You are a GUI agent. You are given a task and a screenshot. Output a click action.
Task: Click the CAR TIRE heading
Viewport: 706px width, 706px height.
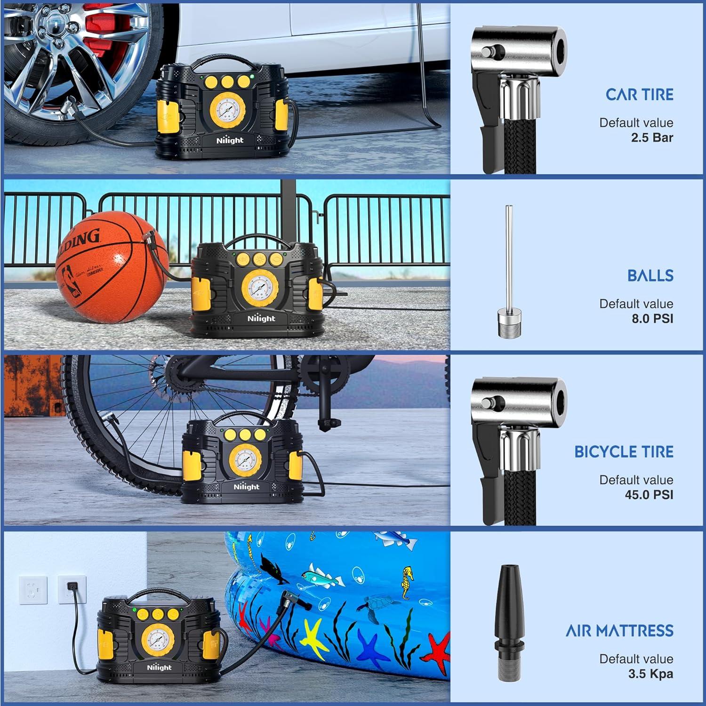tap(639, 95)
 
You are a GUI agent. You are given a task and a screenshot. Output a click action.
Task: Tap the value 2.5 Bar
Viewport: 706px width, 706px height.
tap(652, 137)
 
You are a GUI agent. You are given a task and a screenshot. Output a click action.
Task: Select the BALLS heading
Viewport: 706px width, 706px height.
tap(650, 275)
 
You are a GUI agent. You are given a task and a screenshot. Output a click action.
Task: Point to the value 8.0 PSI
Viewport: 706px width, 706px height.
tap(652, 319)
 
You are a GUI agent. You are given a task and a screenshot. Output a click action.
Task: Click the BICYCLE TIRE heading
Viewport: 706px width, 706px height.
tap(624, 452)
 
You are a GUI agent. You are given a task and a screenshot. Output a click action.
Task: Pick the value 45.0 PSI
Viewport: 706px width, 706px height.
tap(649, 495)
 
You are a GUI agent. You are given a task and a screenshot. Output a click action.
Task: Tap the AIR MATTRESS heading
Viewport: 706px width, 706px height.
tap(619, 631)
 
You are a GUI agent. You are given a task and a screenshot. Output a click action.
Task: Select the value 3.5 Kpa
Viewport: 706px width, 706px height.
tap(650, 674)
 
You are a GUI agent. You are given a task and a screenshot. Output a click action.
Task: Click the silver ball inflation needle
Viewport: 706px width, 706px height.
tap(508, 273)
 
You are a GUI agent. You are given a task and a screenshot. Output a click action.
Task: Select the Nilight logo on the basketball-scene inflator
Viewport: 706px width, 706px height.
tap(261, 319)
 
